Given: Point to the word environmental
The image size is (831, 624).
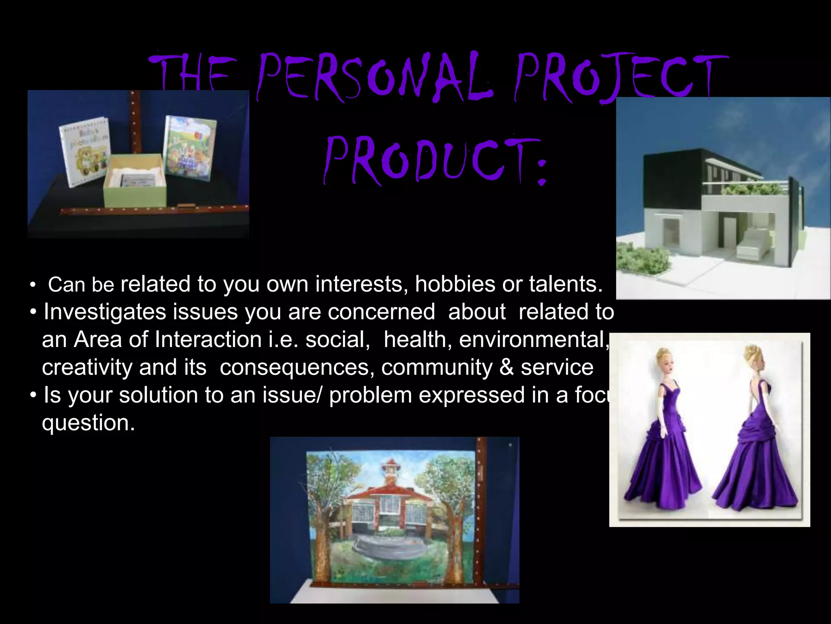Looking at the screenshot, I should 534,340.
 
